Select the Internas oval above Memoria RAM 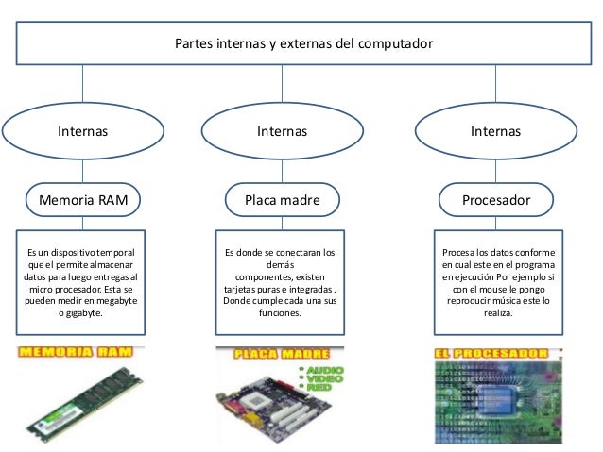83,131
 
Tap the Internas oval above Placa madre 283,131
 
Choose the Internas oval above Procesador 495,131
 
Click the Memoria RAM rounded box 83,200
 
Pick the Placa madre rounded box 283,200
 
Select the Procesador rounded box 495,200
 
